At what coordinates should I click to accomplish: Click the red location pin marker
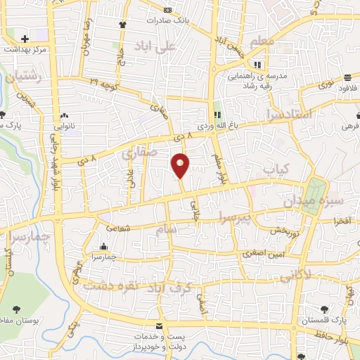(x=181, y=165)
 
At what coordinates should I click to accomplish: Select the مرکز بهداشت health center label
(x=25, y=50)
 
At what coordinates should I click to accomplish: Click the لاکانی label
(x=296, y=277)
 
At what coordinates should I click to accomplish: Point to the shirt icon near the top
(x=122, y=24)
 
